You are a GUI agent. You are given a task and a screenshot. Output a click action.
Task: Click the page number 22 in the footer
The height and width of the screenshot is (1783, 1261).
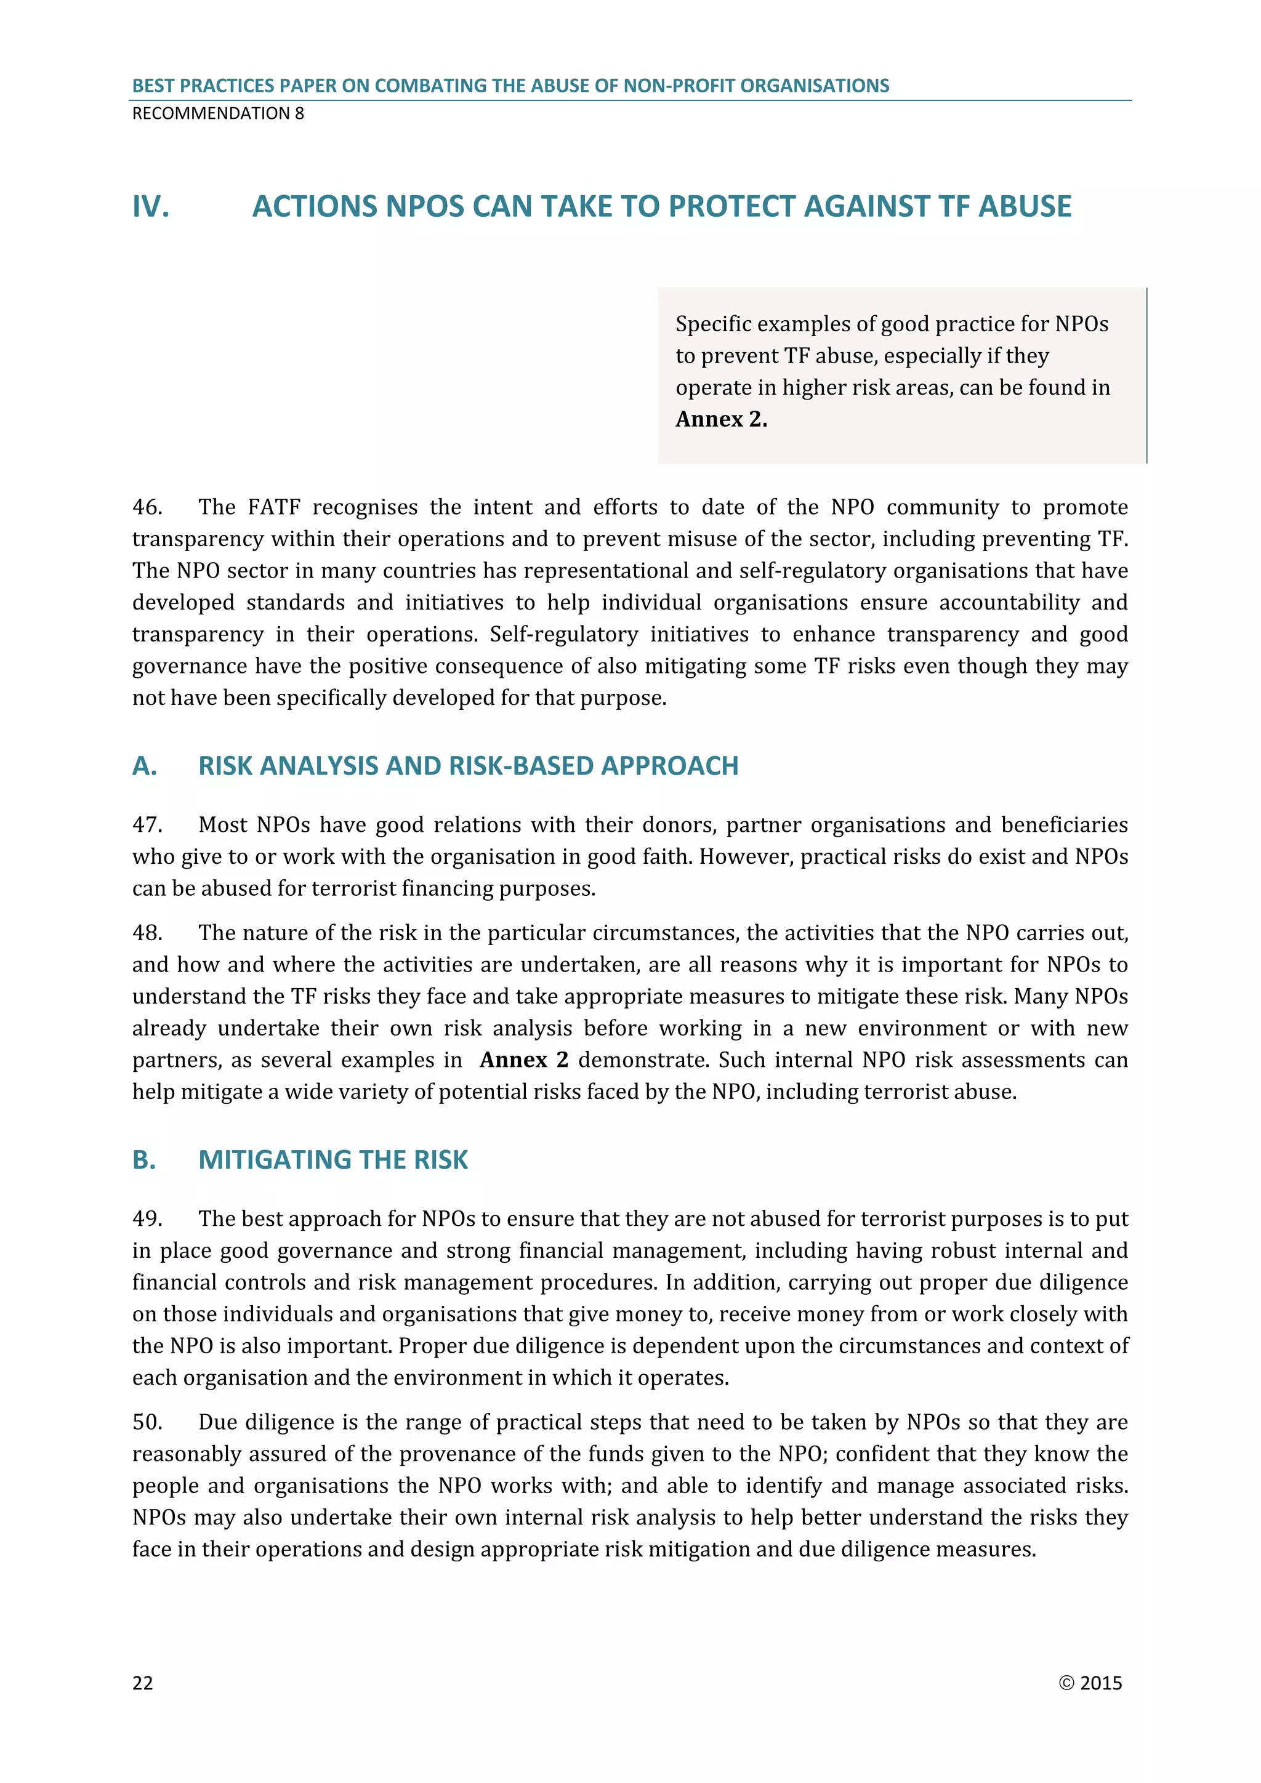click(143, 1683)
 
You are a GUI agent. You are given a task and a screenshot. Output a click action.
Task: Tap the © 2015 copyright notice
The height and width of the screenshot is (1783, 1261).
click(1090, 1683)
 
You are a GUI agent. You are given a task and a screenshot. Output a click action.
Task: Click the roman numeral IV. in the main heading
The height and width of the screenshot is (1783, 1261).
click(151, 207)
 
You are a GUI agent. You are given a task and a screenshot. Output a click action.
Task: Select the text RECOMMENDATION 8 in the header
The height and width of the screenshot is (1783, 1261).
click(218, 113)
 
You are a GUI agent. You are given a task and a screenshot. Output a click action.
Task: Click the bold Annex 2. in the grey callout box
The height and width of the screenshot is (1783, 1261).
click(722, 419)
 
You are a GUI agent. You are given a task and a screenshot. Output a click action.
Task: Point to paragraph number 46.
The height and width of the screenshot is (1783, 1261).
click(148, 507)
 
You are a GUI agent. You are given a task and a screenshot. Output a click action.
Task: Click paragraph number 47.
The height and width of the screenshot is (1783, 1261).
click(148, 825)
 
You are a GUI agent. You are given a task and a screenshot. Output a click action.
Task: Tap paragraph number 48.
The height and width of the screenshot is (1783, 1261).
click(148, 933)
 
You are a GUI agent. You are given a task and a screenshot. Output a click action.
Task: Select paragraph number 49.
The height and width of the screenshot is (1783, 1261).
click(148, 1218)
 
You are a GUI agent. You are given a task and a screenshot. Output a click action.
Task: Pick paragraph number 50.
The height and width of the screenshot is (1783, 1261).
click(148, 1422)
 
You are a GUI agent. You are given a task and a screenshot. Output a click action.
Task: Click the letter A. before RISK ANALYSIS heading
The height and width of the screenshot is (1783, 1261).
click(145, 767)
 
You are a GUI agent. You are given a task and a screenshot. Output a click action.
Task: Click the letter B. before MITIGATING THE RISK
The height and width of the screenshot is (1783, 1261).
click(145, 1160)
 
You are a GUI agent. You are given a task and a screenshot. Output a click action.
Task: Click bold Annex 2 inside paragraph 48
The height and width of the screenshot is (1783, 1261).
click(524, 1060)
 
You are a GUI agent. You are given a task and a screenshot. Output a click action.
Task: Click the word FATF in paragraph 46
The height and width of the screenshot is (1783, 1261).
click(273, 507)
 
